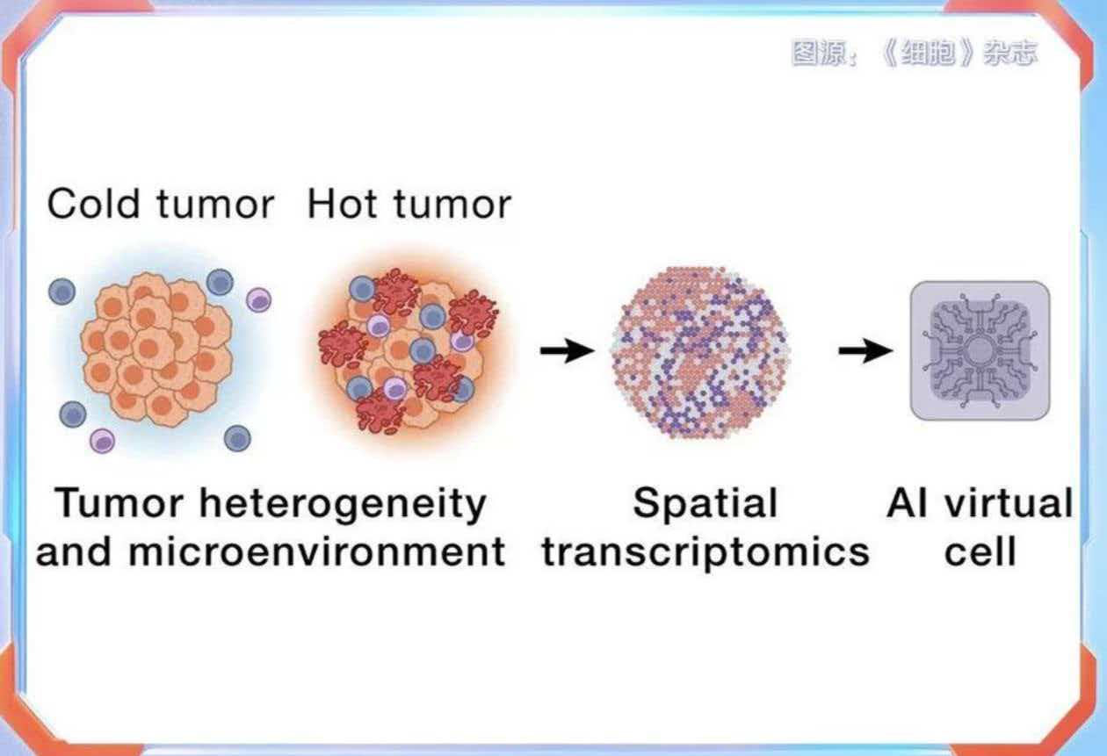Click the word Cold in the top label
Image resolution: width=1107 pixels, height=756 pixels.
coord(93,204)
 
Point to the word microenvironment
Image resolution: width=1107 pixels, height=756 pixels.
coord(317,551)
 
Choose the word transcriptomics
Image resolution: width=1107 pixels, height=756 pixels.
coord(705,553)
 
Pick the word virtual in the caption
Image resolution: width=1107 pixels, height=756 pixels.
coord(1009,503)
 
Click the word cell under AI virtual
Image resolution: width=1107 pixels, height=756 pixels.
coord(980,551)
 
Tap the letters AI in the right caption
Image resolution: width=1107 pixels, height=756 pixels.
coord(907,503)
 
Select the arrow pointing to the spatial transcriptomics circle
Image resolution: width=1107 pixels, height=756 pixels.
coord(568,350)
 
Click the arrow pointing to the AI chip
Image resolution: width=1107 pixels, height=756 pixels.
coord(866,350)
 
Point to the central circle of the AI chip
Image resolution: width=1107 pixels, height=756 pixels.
coord(980,350)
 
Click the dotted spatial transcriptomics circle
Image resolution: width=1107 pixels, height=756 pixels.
coord(701,352)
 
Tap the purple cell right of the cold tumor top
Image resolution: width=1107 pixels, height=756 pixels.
coord(258,299)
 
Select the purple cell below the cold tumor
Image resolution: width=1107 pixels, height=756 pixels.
coord(102,441)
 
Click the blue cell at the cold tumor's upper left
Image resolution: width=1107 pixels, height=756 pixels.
coord(61,291)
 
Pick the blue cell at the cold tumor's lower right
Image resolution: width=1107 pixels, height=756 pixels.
coord(237,438)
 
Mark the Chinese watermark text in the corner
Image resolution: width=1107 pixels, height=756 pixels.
coord(915,53)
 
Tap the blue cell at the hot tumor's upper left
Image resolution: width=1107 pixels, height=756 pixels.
coord(362,289)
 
